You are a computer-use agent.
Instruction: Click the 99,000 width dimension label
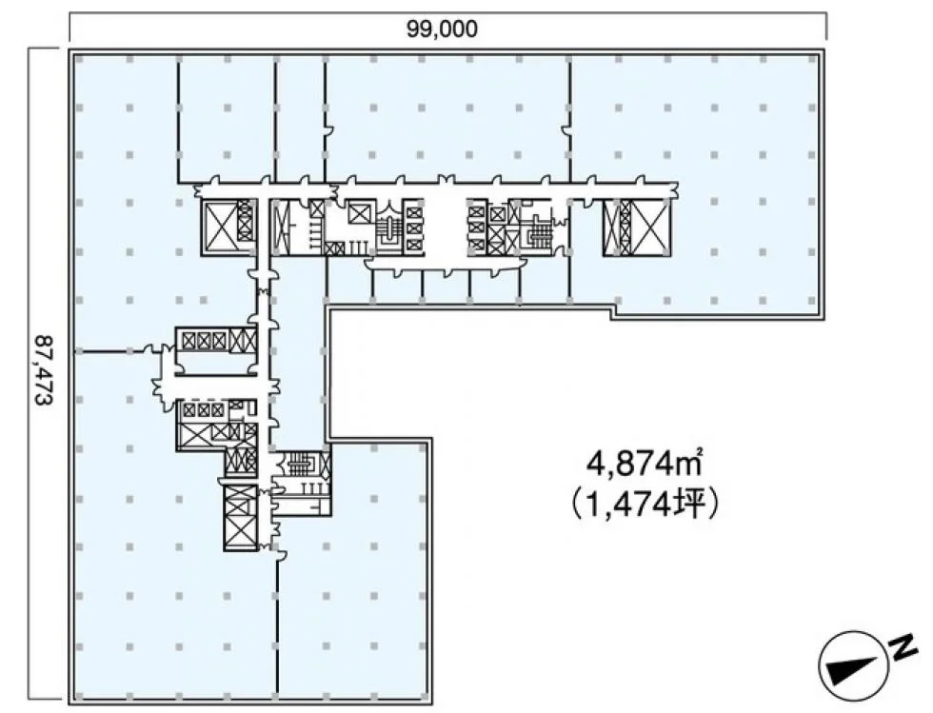442,29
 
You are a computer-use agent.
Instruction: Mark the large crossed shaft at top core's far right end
651,227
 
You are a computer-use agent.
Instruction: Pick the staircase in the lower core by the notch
304,465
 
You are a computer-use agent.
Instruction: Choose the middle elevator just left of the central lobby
413,228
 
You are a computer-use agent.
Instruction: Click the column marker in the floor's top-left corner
80,59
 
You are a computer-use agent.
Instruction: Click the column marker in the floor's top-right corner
811,59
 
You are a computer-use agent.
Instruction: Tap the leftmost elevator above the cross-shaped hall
189,340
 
